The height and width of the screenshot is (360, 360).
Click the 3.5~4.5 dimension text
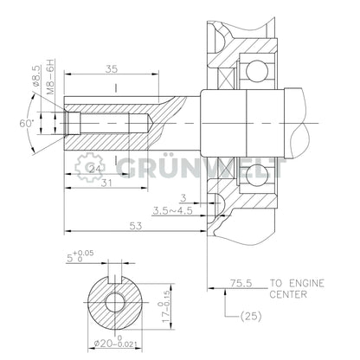(x=173, y=209)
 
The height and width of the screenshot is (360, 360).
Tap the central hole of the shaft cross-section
(x=112, y=303)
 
